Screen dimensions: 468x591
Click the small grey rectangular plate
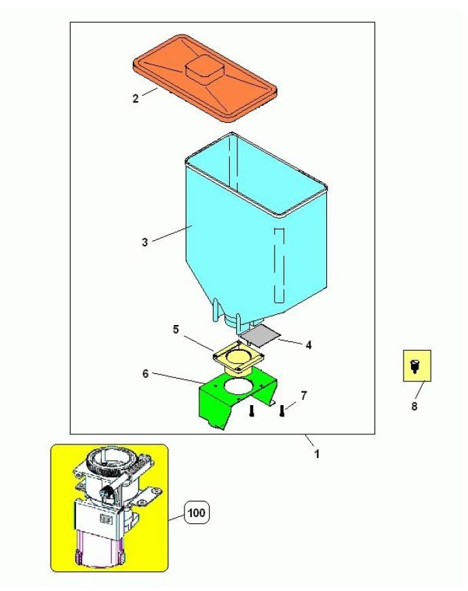tap(260, 336)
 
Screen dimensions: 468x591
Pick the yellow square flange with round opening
tap(238, 358)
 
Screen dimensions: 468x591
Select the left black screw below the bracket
tap(252, 411)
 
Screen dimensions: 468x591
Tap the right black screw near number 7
tap(281, 411)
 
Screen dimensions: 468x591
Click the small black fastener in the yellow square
tap(414, 366)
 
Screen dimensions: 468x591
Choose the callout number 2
tap(136, 98)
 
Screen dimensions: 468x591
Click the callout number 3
tap(144, 242)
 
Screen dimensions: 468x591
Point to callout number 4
tap(309, 345)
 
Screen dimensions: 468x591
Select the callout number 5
tap(176, 329)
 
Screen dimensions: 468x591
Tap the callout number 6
tap(145, 373)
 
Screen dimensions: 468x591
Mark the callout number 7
tap(304, 396)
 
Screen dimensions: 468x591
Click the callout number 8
tap(414, 406)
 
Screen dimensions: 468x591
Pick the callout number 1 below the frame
tap(317, 454)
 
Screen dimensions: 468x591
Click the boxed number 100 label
tap(196, 512)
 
